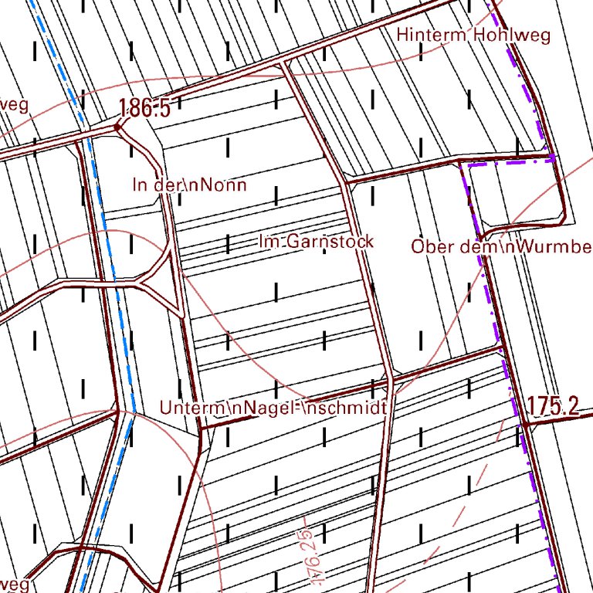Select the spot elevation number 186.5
(x=146, y=109)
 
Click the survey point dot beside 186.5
(x=117, y=127)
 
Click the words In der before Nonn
(x=158, y=185)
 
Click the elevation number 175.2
(x=553, y=406)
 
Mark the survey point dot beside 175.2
(x=524, y=424)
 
